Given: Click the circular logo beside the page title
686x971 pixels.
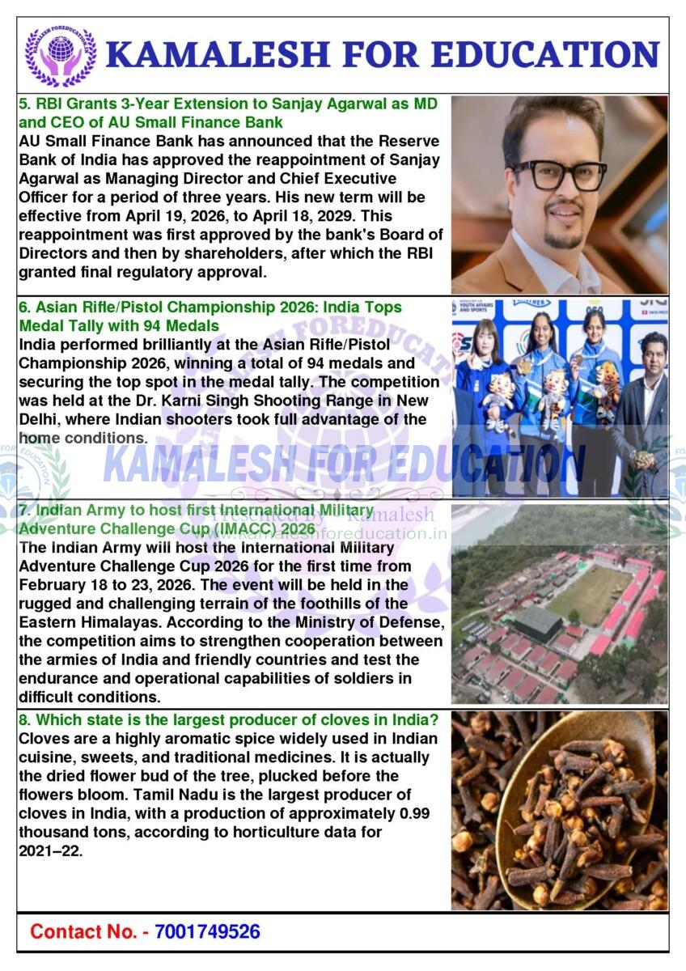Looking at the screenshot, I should [x=60, y=55].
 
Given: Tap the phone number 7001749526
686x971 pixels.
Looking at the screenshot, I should [x=207, y=931].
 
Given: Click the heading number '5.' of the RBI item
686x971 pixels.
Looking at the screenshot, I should [x=24, y=104].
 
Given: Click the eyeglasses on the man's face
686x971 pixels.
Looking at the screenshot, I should [x=558, y=174].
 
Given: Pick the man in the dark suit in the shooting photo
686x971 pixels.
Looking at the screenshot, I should [x=646, y=405].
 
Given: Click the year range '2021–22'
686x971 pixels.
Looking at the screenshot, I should [x=49, y=850].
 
